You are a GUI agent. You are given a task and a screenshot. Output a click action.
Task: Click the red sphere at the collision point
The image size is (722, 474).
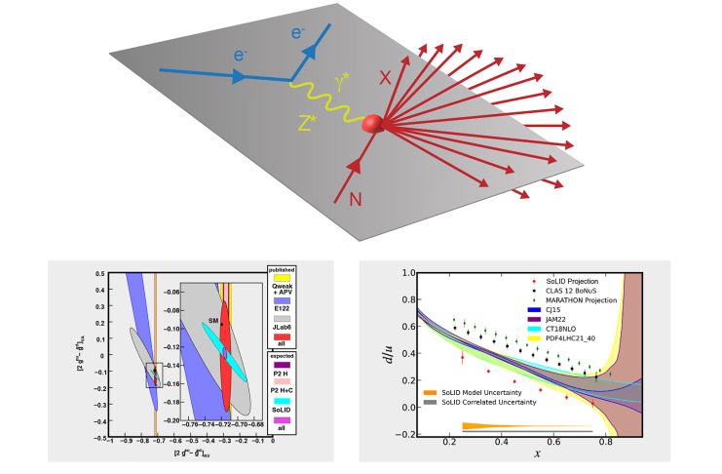[x=372, y=124]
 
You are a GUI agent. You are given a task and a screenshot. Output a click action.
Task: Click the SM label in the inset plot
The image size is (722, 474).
[x=212, y=320]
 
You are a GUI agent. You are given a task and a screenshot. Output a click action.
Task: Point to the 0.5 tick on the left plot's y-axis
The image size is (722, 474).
[x=100, y=274]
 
